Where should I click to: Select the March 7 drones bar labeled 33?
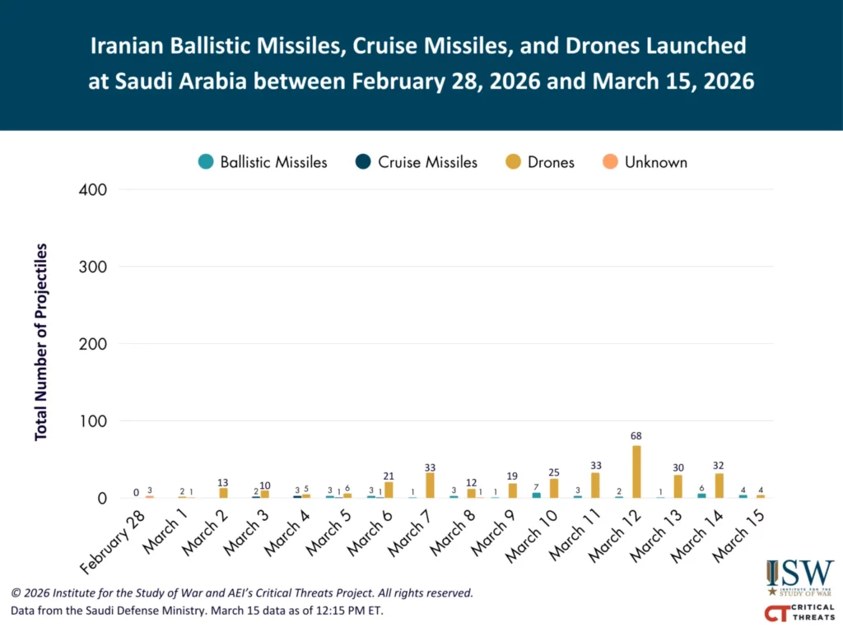(x=430, y=485)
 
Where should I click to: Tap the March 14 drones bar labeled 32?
(x=719, y=486)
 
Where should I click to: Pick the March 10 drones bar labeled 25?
(x=553, y=488)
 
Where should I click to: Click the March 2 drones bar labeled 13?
(x=223, y=493)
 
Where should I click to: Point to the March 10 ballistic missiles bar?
(x=537, y=495)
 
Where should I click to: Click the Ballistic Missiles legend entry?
(x=263, y=162)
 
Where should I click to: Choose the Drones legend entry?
(x=540, y=162)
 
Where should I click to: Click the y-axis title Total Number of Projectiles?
(x=41, y=342)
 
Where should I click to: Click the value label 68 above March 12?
(x=636, y=435)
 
